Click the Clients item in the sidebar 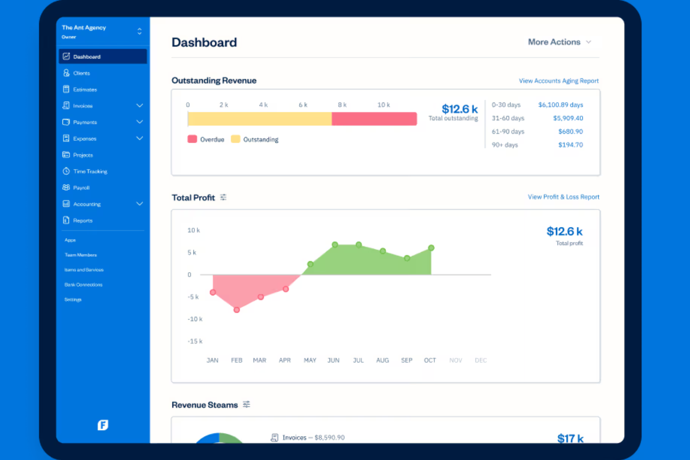[x=81, y=73]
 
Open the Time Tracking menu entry [x=90, y=172]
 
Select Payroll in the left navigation [x=81, y=188]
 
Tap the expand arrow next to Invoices [x=139, y=106]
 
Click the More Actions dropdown [x=559, y=42]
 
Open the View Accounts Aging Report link [x=558, y=81]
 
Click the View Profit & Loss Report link [x=563, y=197]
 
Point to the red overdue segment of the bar [x=374, y=119]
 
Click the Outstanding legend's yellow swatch [x=235, y=139]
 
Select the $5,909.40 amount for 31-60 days [x=567, y=118]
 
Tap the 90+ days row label [x=504, y=145]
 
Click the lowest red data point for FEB [x=237, y=309]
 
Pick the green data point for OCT [x=431, y=248]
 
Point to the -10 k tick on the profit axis [x=195, y=319]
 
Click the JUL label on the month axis [x=358, y=360]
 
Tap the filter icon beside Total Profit [x=223, y=198]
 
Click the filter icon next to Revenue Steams [x=246, y=405]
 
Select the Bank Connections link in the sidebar [x=83, y=285]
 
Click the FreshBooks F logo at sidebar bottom [x=103, y=425]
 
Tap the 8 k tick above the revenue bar [x=342, y=105]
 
